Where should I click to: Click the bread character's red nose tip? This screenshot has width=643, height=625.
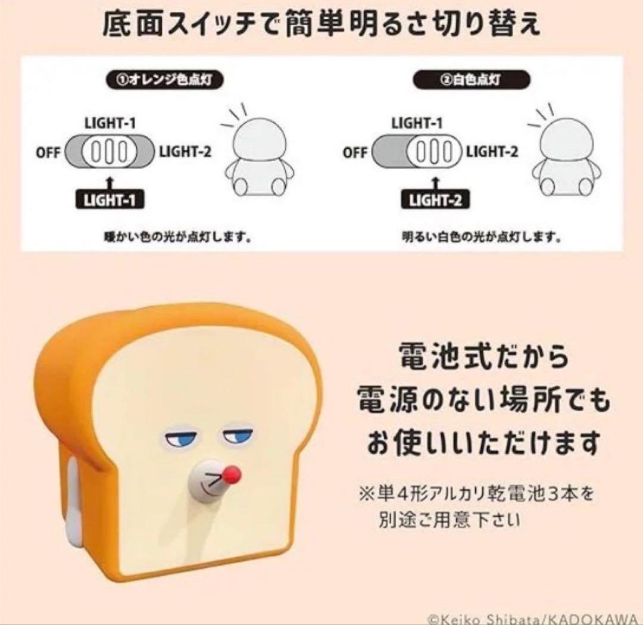pos(231,474)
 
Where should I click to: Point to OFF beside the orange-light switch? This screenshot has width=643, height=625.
pos(48,152)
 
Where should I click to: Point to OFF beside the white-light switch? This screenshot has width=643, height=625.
pos(355,152)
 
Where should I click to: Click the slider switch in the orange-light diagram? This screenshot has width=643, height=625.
pos(109,152)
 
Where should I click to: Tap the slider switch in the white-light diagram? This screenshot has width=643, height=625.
pos(417,152)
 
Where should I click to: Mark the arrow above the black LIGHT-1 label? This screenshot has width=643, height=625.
pos(109,180)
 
